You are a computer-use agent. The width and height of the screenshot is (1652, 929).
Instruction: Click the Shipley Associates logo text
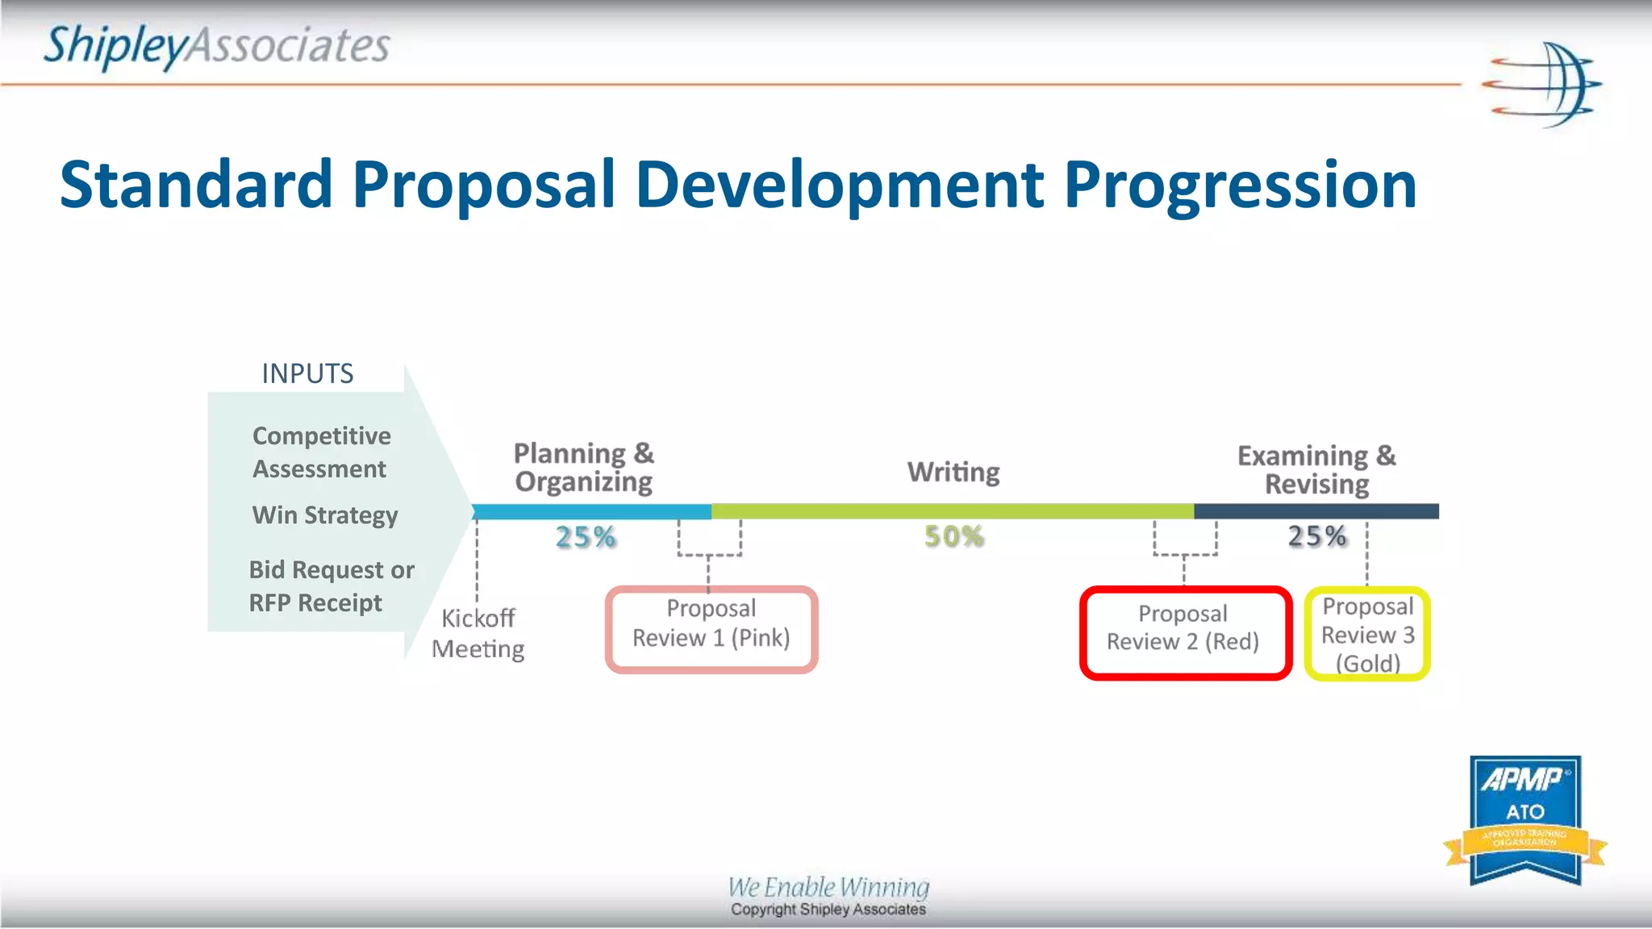click(x=216, y=46)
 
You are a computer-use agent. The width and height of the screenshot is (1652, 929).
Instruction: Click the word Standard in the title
click(x=196, y=185)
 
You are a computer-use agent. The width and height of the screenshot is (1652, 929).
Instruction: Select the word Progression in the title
click(x=1239, y=185)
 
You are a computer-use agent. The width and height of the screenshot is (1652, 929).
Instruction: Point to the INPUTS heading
click(x=307, y=373)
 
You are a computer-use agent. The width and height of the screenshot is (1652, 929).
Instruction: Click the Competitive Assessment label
click(x=321, y=452)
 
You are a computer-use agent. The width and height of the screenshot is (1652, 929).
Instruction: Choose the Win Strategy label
click(x=325, y=515)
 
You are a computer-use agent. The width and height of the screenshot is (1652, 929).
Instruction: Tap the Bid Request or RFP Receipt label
click(x=331, y=586)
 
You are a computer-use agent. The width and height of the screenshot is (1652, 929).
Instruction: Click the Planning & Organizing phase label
click(x=584, y=467)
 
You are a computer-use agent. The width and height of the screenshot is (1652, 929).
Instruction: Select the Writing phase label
click(x=953, y=472)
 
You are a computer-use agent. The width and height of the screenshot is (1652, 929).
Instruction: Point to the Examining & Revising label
click(x=1316, y=469)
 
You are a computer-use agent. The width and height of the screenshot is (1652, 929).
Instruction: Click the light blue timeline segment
click(x=591, y=511)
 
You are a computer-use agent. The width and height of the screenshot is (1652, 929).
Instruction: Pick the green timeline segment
click(x=952, y=511)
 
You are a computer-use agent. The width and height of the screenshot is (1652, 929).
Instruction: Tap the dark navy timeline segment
click(x=1316, y=511)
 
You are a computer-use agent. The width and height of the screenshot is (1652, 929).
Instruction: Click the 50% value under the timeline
click(x=954, y=536)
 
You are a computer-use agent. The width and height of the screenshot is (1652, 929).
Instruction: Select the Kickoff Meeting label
click(x=478, y=634)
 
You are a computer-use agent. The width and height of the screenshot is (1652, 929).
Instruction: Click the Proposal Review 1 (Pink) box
click(x=711, y=630)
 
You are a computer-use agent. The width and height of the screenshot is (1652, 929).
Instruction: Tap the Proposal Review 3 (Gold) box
click(x=1367, y=634)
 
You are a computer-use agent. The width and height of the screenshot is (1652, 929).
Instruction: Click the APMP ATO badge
click(x=1525, y=819)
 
